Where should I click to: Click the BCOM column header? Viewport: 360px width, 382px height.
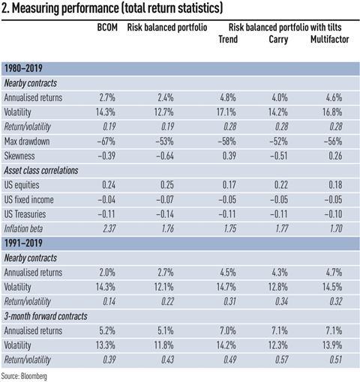[107, 27]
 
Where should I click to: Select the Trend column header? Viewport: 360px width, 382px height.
[228, 39]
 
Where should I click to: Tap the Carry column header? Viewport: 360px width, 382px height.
[278, 40]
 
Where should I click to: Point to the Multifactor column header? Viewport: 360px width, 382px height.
[329, 39]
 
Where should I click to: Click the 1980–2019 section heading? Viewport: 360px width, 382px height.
[23, 68]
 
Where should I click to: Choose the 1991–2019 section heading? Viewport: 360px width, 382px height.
[23, 243]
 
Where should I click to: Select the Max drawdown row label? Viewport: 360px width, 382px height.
[27, 142]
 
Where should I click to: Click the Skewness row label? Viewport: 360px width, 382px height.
[19, 156]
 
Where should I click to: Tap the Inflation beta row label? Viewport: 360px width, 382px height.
[23, 228]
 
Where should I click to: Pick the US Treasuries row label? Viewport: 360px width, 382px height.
[25, 214]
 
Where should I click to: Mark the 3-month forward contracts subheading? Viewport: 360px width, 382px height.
[46, 316]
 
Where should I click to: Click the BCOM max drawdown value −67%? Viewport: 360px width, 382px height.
[106, 142]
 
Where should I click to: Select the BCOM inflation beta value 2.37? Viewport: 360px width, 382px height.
[109, 228]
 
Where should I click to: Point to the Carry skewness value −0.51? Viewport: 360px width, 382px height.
[278, 156]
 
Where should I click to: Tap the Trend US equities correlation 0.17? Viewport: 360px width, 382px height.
[229, 185]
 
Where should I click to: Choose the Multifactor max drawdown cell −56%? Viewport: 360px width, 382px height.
[333, 142]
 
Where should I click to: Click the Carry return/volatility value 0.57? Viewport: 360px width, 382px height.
[281, 360]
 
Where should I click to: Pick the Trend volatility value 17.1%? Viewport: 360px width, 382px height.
[226, 112]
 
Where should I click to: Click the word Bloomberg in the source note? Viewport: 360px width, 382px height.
[34, 376]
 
